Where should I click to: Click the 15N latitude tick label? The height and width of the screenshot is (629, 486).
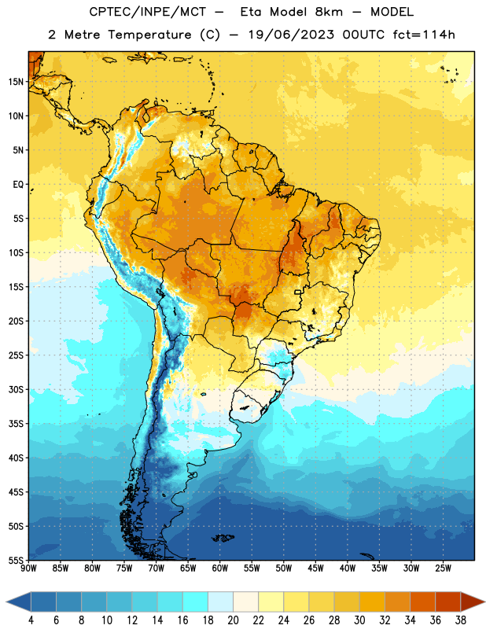point(16,82)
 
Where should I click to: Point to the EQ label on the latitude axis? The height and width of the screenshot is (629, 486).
point(18,185)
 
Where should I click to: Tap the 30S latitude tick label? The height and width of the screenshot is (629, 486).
point(16,389)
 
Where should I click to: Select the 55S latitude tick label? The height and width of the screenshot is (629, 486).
point(16,560)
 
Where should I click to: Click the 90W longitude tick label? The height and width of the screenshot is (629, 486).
point(28,568)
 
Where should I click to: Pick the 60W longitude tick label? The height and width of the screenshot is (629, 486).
point(220,568)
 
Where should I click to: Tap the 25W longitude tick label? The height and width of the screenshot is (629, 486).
point(443,568)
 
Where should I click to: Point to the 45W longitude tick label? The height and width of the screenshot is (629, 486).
point(315,568)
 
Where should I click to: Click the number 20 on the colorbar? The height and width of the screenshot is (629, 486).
point(233,620)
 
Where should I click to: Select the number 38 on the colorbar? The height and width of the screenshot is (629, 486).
point(460,620)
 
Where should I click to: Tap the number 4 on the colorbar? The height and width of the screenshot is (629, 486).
point(31,620)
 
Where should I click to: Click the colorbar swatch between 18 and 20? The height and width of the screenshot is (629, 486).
point(220,601)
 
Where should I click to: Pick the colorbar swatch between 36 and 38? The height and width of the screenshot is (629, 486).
point(448,601)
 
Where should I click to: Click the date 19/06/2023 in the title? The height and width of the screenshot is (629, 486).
point(291,35)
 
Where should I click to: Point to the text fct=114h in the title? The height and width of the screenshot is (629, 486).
point(424,35)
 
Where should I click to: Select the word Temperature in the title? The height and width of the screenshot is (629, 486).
point(149,35)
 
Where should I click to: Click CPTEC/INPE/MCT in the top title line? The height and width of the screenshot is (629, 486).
point(147,12)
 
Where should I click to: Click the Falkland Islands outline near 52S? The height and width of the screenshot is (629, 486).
point(223,538)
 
